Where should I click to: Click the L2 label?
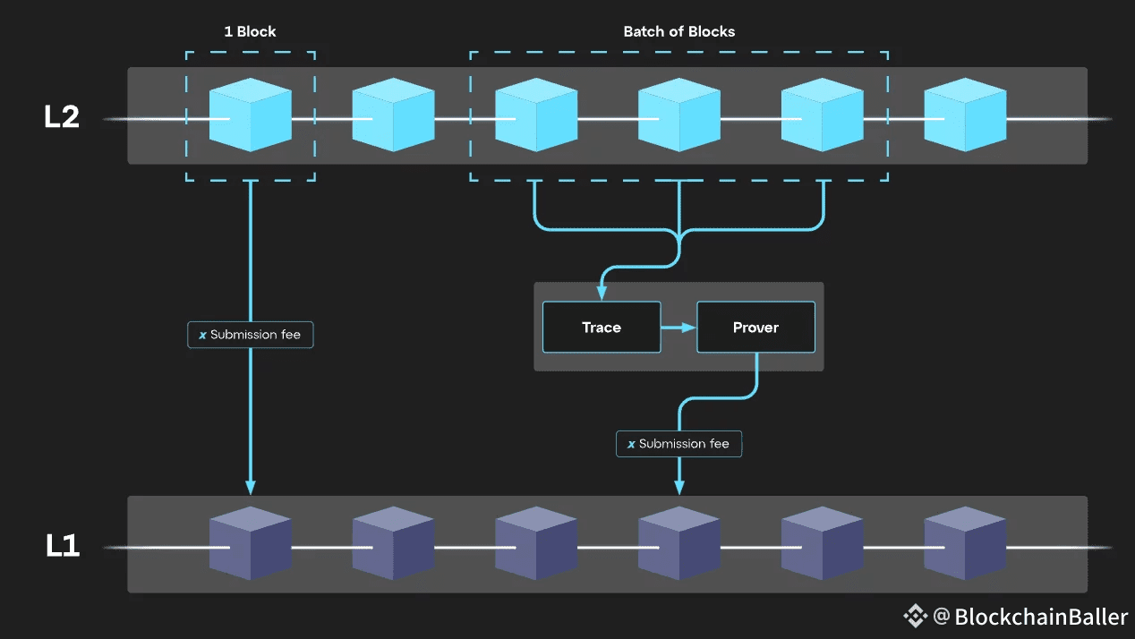coord(62,117)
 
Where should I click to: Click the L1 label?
coord(62,546)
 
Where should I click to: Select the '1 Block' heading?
coord(250,32)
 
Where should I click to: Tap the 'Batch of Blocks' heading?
coord(678,32)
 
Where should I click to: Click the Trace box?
coord(602,328)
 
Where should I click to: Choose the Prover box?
coord(755,328)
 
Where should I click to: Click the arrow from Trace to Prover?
coord(679,328)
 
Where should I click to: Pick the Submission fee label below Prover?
coord(678,444)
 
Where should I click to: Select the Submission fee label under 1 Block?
coord(251,335)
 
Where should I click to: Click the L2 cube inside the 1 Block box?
coord(250,115)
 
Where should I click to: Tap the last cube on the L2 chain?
coord(965,115)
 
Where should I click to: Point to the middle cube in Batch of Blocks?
coord(678,115)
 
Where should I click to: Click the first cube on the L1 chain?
coord(250,543)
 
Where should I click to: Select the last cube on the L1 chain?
coord(965,543)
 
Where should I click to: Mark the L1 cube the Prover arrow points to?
coord(678,543)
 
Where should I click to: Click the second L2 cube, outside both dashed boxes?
coord(393,115)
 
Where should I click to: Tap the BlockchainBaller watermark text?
coord(1041,617)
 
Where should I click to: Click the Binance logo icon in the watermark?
coord(915,616)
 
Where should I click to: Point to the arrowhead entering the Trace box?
coord(602,294)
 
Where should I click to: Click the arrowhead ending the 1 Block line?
coord(251,488)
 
